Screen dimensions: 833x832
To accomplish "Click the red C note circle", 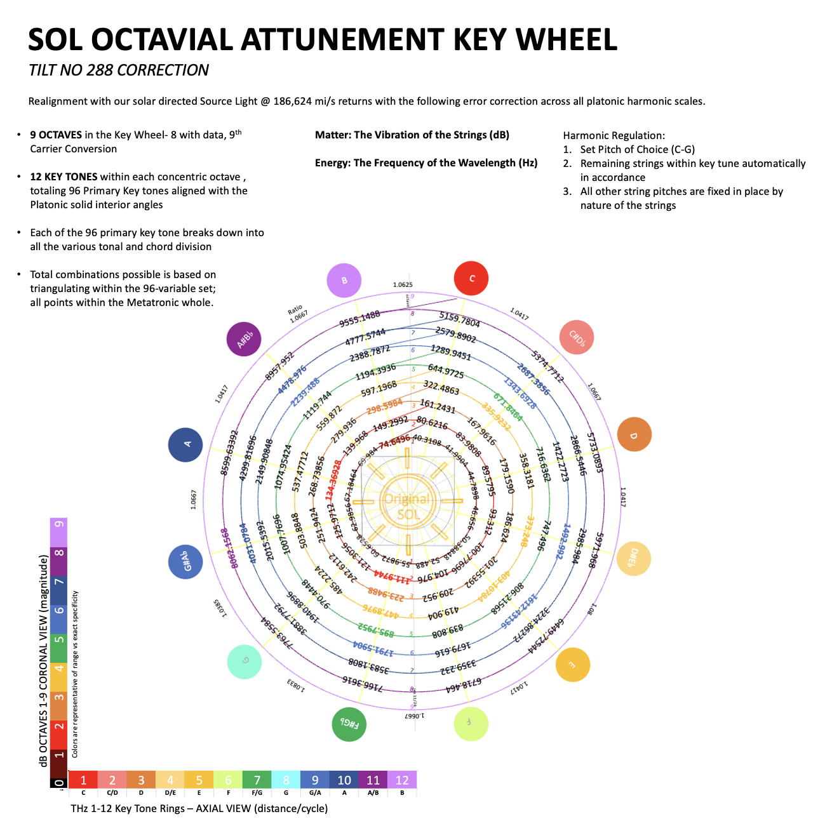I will pyautogui.click(x=472, y=278).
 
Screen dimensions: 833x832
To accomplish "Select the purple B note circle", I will pyautogui.click(x=344, y=280).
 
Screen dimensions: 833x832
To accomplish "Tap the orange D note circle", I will pyautogui.click(x=634, y=435).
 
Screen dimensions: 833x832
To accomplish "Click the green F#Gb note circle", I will pyautogui.click(x=349, y=724).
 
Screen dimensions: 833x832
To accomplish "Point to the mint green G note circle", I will pyautogui.click(x=245, y=662).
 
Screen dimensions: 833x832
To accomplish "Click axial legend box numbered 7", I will pyautogui.click(x=257, y=780).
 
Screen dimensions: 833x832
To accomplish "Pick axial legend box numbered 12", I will pyautogui.click(x=402, y=780).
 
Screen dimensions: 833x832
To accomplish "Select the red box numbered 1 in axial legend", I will pyautogui.click(x=83, y=780).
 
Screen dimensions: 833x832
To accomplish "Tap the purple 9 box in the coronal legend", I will pyautogui.click(x=59, y=532).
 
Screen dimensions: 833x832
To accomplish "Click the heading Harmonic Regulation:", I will pyautogui.click(x=614, y=135).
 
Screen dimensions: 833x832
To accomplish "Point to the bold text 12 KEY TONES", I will pyautogui.click(x=64, y=177).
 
